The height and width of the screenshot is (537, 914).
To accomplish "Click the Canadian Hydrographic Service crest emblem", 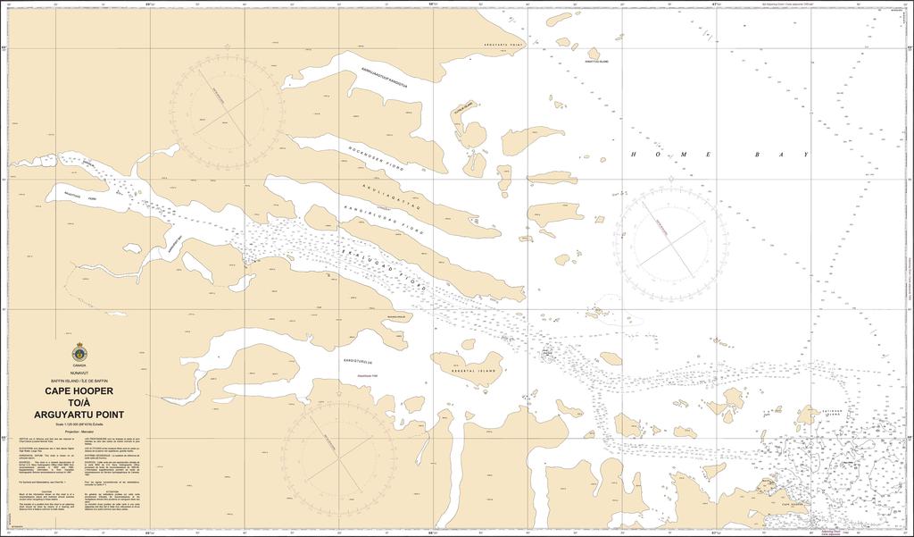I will tap(79, 353).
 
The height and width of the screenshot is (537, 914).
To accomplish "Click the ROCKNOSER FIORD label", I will tap(376, 154).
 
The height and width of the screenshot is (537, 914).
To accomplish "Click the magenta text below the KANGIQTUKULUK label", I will tap(368, 374).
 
